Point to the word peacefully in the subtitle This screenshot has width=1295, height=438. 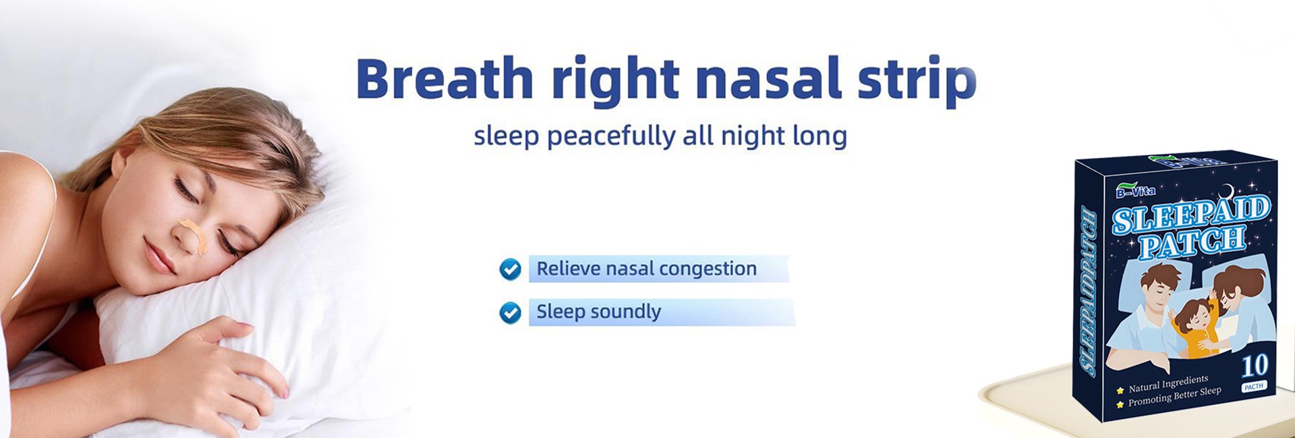tap(610, 136)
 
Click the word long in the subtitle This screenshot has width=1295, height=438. tap(819, 136)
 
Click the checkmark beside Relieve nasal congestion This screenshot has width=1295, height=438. tap(510, 269)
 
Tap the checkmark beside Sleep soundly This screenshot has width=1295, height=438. tap(510, 312)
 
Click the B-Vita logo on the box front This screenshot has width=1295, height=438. tap(1135, 190)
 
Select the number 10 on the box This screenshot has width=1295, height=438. tap(1255, 366)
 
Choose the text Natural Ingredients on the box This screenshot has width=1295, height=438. tap(1168, 383)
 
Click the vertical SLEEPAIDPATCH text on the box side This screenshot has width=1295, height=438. tap(1087, 292)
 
